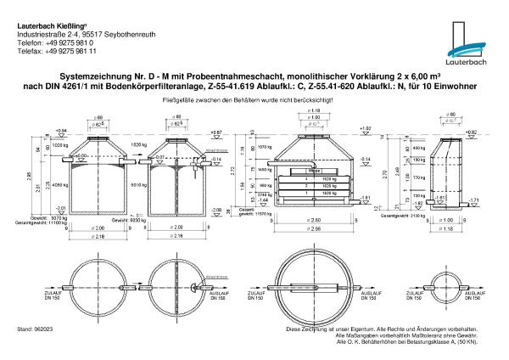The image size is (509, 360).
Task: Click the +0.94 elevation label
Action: (x=60, y=132)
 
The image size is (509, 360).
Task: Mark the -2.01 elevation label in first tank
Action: (x=60, y=207)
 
